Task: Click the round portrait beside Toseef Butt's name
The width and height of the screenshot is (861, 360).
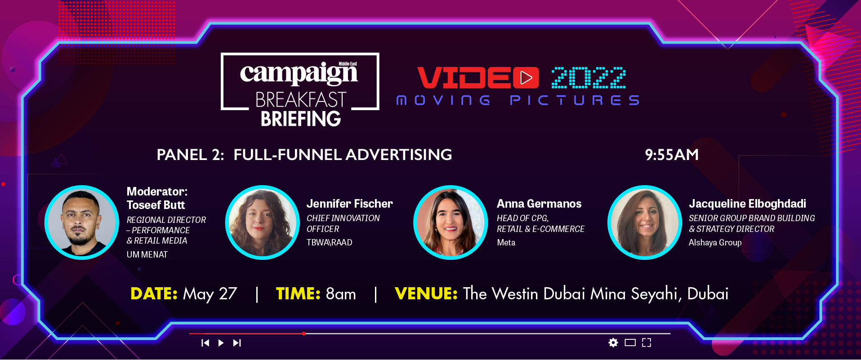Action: pyautogui.click(x=82, y=222)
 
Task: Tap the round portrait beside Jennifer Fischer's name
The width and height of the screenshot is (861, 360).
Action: pyautogui.click(x=263, y=222)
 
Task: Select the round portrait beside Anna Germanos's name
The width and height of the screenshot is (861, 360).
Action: pyautogui.click(x=451, y=222)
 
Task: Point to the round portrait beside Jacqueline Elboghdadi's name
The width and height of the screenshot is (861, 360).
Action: pyautogui.click(x=645, y=222)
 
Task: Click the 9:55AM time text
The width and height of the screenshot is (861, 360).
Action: pyautogui.click(x=672, y=155)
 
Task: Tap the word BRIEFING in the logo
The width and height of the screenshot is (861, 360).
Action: pyautogui.click(x=301, y=119)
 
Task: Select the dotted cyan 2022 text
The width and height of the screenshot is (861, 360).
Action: pyautogui.click(x=589, y=78)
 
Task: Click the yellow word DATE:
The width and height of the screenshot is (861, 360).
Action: pyautogui.click(x=154, y=293)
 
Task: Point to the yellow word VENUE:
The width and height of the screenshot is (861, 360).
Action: pyautogui.click(x=426, y=293)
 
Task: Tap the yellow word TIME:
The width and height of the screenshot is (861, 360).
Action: pyautogui.click(x=298, y=293)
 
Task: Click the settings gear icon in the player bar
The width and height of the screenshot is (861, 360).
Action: pyautogui.click(x=613, y=342)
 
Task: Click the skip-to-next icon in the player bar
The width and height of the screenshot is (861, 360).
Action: pyautogui.click(x=237, y=343)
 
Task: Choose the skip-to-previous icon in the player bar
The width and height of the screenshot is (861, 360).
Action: pyautogui.click(x=205, y=343)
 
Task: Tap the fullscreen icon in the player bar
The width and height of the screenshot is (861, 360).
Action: pyautogui.click(x=647, y=342)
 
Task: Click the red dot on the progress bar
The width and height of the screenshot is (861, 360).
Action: pyautogui.click(x=304, y=333)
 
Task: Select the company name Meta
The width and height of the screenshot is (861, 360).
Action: pyautogui.click(x=506, y=243)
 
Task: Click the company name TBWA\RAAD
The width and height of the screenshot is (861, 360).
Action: pyautogui.click(x=330, y=243)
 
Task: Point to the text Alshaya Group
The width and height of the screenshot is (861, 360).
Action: pyautogui.click(x=715, y=243)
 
